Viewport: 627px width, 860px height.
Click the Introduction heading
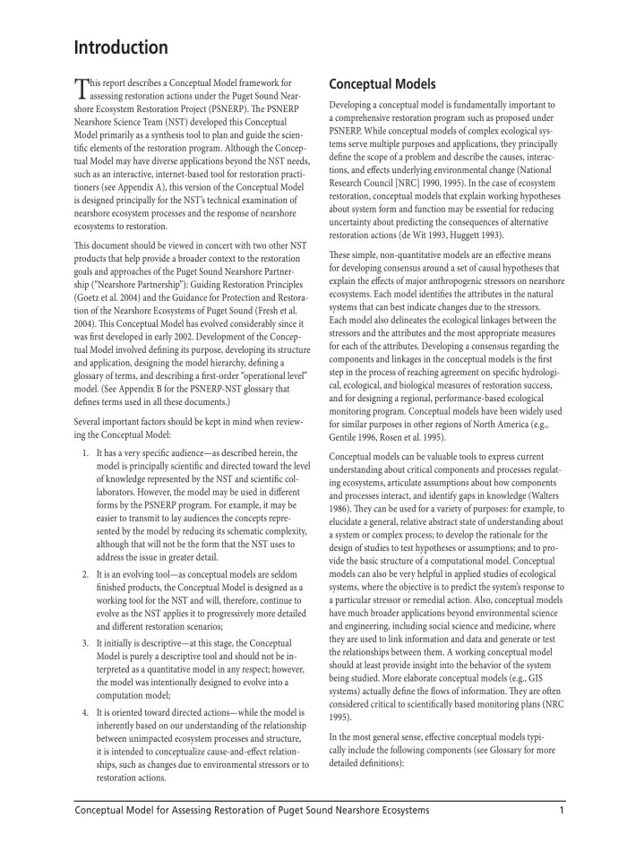pos(121,47)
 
